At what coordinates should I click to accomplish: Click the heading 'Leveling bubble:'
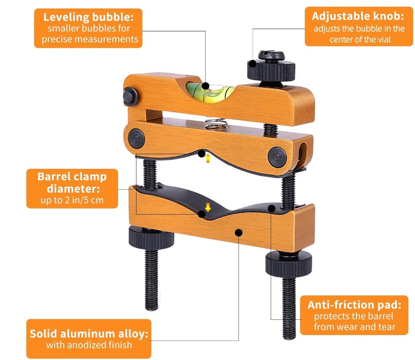coord(89,17)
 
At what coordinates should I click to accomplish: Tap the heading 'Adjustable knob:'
coord(358,16)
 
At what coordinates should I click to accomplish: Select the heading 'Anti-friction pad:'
coord(355,305)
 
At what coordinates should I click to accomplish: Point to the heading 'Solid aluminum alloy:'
coord(89,334)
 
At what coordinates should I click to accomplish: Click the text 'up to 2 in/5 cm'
coord(72,200)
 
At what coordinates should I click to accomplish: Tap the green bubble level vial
coord(210,91)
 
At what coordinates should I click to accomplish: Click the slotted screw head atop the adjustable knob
coord(271,55)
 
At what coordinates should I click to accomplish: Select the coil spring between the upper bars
coord(216,123)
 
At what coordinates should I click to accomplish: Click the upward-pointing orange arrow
coord(208,158)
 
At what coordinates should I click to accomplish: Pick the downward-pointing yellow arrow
coord(208,207)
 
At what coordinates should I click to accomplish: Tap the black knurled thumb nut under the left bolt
coord(151,238)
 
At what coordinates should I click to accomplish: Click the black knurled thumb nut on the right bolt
coord(289,264)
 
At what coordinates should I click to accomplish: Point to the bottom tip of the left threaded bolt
coord(152,309)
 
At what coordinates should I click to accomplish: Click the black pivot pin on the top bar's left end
coord(130,96)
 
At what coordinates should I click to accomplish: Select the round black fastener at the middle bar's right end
coord(277,157)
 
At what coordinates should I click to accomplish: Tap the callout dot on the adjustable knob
coord(253,64)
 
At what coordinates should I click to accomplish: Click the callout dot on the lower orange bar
coord(239,233)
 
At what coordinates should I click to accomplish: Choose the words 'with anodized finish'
coord(89,345)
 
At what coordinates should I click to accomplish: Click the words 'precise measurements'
coord(90,39)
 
